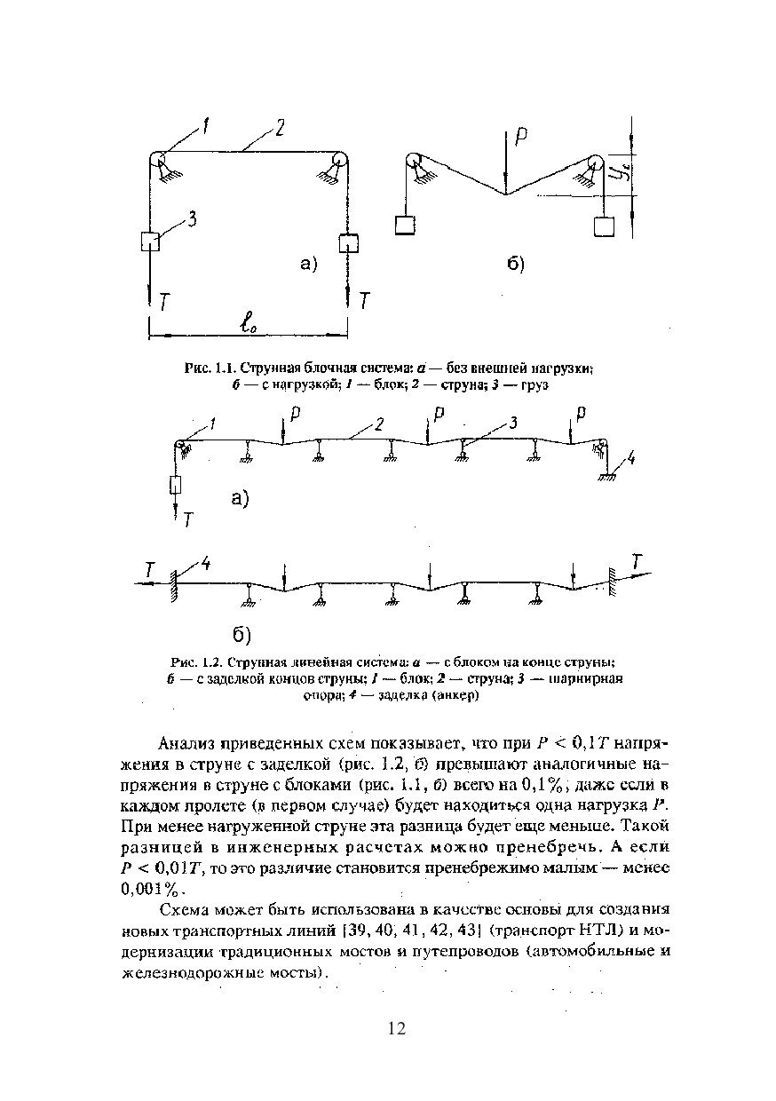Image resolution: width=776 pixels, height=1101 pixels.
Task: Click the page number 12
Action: click(x=396, y=1028)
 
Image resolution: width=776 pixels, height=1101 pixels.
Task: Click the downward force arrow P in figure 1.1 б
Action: click(x=506, y=160)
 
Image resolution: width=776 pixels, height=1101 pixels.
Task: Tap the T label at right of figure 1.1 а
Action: click(x=364, y=302)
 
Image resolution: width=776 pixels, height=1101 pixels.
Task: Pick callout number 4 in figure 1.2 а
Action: click(x=630, y=459)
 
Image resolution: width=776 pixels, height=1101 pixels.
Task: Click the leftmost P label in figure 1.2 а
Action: click(x=294, y=414)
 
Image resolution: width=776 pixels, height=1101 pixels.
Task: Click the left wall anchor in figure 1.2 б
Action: click(x=176, y=585)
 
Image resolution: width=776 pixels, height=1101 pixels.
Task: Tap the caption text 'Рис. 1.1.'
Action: click(x=208, y=368)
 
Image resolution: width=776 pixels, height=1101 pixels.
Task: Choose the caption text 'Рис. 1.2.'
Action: click(x=194, y=662)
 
